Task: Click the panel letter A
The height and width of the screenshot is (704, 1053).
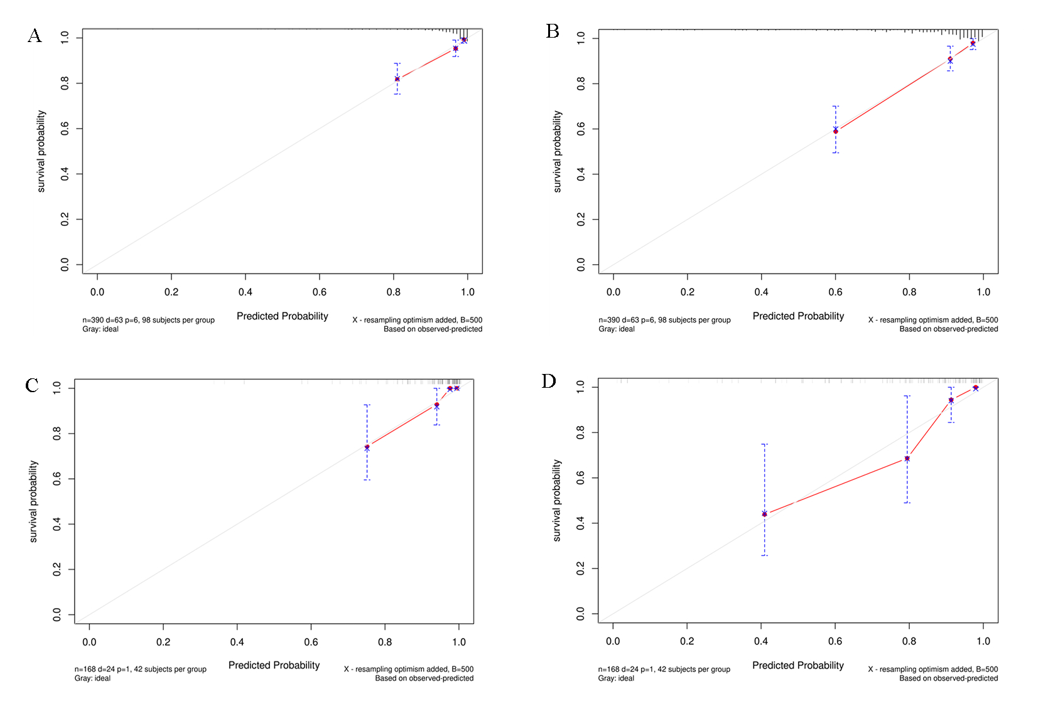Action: [x=35, y=36]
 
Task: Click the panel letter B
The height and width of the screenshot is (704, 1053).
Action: [x=553, y=31]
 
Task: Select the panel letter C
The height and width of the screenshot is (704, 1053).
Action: [x=32, y=385]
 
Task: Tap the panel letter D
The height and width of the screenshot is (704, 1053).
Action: [x=549, y=381]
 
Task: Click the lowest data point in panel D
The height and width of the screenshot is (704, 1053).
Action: [x=764, y=514]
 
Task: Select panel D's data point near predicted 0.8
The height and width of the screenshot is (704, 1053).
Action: [x=907, y=459]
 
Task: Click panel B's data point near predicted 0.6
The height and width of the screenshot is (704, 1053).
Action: [x=835, y=131]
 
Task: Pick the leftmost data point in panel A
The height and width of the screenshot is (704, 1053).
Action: [x=397, y=79]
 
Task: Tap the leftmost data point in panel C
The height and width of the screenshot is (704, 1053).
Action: [x=367, y=447]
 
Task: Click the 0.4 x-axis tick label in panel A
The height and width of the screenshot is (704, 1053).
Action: [x=246, y=292]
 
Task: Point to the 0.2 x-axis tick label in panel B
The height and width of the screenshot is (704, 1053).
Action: [x=688, y=292]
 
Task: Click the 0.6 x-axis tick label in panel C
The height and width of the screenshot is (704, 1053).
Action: [x=311, y=642]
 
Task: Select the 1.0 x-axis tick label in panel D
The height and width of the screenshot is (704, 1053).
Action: [x=983, y=641]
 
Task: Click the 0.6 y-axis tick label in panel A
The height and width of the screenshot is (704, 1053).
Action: [x=65, y=129]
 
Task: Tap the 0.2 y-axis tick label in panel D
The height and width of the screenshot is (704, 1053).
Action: [x=581, y=568]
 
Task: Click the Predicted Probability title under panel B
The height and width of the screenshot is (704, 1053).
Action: [x=798, y=316]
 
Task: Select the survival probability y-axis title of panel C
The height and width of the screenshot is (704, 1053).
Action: [x=34, y=502]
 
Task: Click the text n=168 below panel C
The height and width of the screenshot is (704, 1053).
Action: [x=85, y=669]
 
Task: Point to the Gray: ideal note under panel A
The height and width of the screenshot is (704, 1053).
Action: [x=100, y=329]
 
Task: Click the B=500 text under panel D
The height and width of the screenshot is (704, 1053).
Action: [x=986, y=669]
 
